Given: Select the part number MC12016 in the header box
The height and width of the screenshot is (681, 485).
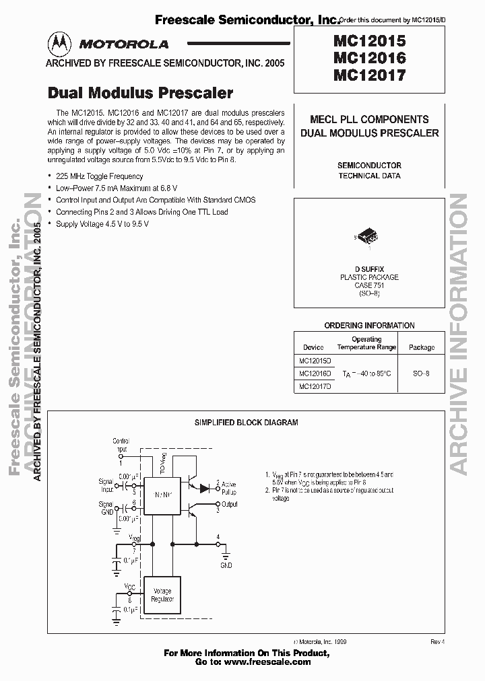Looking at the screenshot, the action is [x=368, y=58].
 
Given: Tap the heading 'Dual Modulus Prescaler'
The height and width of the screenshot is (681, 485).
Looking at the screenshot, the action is [x=140, y=93].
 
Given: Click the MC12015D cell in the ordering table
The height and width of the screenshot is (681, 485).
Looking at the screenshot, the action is [x=313, y=361].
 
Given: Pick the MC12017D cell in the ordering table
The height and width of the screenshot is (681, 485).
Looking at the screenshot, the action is [x=313, y=386].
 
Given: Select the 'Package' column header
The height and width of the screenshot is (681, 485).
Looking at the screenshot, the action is [x=422, y=348].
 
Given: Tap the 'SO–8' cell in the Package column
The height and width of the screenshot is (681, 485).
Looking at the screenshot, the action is [x=421, y=373].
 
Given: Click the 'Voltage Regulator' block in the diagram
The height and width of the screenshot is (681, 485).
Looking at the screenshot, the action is [x=162, y=596].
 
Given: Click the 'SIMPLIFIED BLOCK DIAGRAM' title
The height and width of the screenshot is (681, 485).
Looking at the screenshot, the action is [x=246, y=423].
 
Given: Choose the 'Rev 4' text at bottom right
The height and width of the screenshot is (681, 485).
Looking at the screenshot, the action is [x=438, y=642].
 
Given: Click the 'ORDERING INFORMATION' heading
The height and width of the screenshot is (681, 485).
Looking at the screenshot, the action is [x=369, y=326].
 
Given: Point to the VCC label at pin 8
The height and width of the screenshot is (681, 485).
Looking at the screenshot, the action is [x=130, y=586].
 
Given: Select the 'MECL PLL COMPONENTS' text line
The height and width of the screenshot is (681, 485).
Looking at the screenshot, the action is [x=369, y=119].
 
